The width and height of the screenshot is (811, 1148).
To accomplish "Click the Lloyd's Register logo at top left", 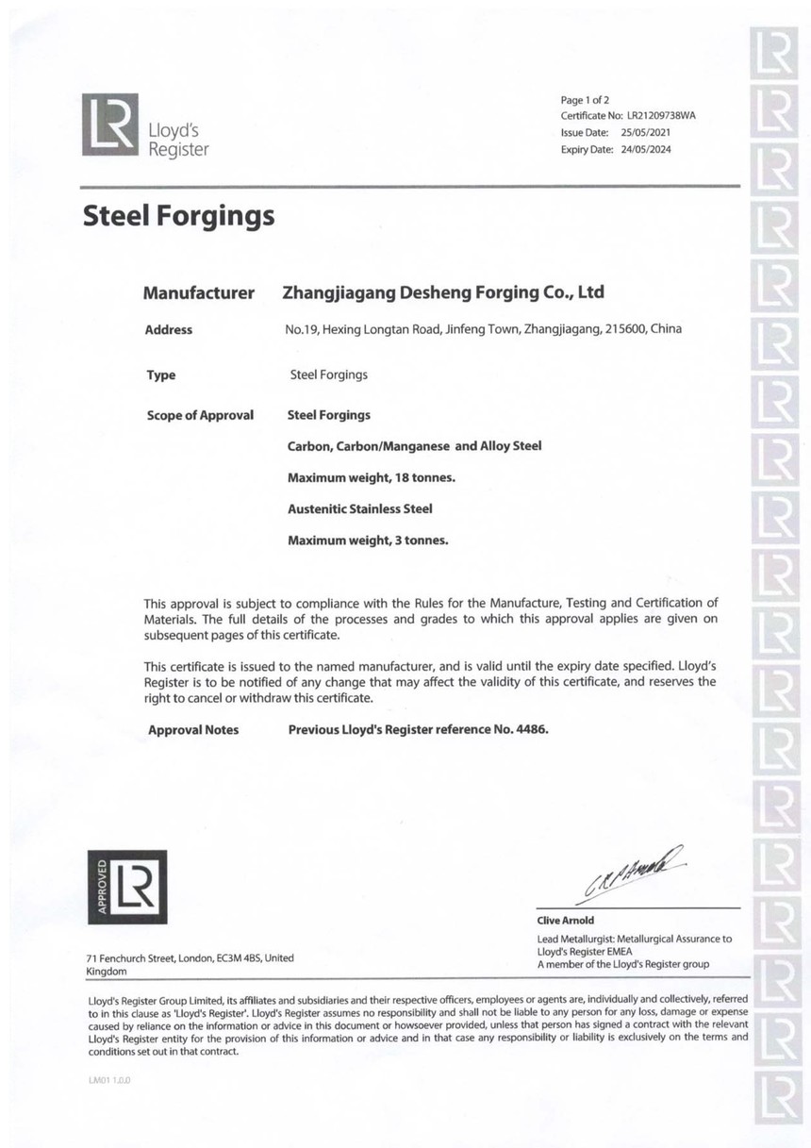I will point(145,125).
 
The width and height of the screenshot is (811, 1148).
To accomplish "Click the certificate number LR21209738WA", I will point(661,116).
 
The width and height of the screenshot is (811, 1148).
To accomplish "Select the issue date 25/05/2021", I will point(646,133).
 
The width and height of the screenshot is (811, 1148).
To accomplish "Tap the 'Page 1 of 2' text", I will point(585,99).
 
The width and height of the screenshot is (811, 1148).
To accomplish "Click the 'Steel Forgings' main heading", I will point(179,217).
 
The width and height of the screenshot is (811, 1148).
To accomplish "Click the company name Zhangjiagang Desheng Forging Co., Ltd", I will point(443,292).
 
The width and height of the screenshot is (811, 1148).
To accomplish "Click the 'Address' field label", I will point(169,330).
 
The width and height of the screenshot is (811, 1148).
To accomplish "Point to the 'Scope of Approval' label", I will point(200,415).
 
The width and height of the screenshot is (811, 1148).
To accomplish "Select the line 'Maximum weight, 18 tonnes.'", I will point(371,477).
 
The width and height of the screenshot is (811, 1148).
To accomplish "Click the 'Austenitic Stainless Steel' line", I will point(359,508).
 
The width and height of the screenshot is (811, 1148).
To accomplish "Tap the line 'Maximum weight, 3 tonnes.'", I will point(367,541).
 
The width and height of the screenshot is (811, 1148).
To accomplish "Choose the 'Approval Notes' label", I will point(193,730).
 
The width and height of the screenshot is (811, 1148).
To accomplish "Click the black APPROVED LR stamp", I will point(126,888).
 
